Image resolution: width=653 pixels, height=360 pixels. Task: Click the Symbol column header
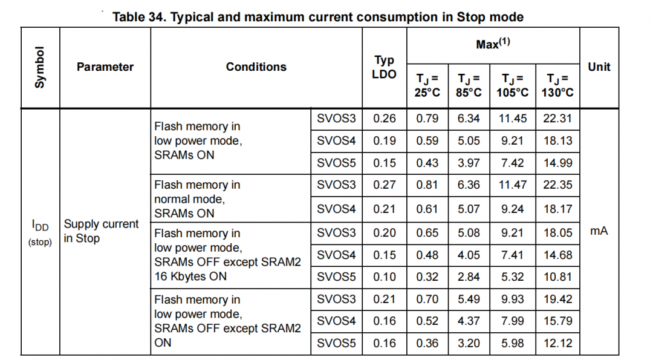40,67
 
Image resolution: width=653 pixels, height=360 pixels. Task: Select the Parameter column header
105,67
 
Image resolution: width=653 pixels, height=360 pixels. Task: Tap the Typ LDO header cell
384,67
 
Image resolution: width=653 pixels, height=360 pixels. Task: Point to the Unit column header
599,67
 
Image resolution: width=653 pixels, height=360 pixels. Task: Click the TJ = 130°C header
557,85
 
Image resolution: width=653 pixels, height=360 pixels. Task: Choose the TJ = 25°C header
427,85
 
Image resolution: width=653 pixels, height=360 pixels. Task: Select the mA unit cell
599,231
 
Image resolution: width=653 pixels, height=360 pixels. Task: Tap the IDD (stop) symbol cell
40,232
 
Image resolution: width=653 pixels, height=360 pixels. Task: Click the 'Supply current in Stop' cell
102,231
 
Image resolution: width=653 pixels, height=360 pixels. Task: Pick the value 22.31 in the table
557,119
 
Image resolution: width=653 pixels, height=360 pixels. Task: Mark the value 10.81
557,277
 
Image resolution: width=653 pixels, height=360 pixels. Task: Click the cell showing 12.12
557,343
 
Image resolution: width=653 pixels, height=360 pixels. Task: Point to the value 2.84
469,277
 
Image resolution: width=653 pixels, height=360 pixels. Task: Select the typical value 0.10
385,277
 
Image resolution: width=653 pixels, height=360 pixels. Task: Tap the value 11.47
512,185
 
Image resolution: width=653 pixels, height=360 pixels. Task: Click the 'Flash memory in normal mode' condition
197,199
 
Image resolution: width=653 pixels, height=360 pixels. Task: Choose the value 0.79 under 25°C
427,119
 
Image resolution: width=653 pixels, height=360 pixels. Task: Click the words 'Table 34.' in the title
138,17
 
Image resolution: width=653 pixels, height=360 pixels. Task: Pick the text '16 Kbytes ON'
190,277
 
